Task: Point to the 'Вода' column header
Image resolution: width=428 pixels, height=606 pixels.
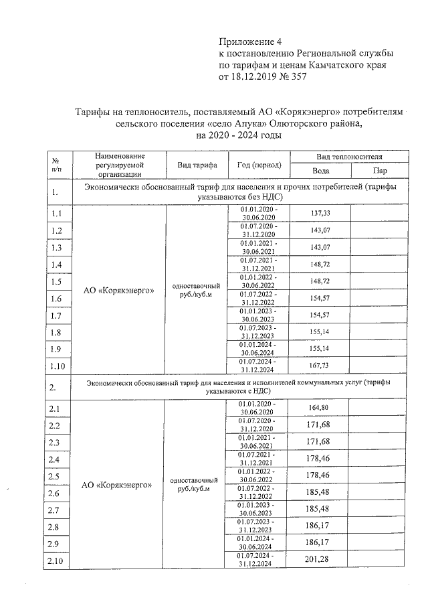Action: point(320,170)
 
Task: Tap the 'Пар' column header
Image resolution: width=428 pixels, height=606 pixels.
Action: point(380,170)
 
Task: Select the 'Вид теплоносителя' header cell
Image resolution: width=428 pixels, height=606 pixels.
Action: point(350,155)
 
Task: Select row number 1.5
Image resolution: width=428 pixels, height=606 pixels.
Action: point(58,281)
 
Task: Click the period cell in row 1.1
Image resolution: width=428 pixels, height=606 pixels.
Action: point(257,214)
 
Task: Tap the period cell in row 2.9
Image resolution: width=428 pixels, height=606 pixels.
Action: point(257,543)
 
